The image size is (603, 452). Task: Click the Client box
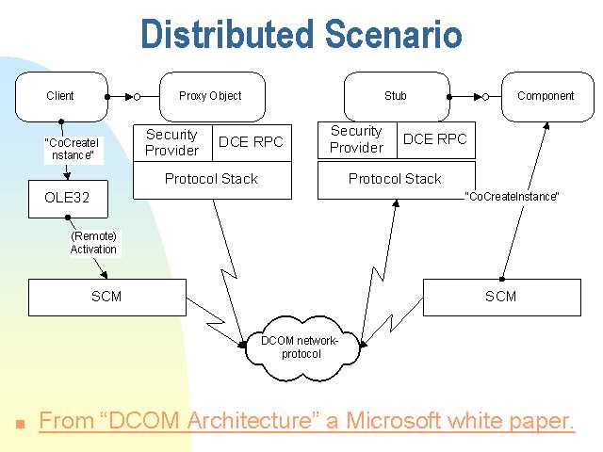61,96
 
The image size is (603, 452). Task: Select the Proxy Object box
212,96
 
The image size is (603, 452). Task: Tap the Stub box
397,96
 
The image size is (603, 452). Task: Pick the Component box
547,96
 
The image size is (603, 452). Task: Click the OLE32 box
68,199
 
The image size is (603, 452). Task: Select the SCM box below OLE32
107,298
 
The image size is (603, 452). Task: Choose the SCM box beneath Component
502,298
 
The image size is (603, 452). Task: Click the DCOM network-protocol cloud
301,347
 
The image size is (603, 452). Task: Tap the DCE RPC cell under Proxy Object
252,142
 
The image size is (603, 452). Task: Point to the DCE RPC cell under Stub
436,140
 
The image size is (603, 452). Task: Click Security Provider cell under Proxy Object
172,142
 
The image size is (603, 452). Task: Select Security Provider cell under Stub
357,140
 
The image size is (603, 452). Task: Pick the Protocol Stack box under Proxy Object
212,180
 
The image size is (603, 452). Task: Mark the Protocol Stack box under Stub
397,180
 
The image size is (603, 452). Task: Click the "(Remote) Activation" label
93,243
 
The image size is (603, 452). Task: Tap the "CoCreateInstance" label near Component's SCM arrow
512,197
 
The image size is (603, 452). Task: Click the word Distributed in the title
227,34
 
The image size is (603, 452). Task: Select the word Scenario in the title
393,34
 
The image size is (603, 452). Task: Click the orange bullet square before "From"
21,424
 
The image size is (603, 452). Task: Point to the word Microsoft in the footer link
394,421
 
